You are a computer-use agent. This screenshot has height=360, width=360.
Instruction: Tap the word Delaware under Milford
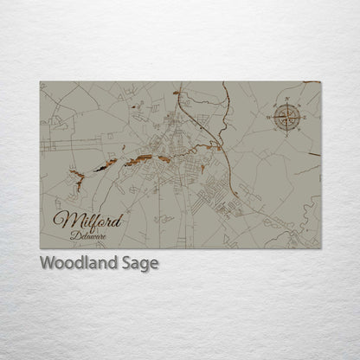(89, 235)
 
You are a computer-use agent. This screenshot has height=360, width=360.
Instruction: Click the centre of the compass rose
(286, 116)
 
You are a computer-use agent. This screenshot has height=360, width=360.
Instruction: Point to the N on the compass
(286, 99)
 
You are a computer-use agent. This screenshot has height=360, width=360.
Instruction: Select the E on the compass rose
(304, 116)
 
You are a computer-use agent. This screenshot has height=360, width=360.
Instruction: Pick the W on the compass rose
(269, 116)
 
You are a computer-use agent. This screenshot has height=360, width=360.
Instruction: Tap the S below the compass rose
(286, 134)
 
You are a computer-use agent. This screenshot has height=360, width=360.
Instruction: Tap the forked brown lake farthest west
(78, 177)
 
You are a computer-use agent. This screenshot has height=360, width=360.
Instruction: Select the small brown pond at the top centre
(177, 92)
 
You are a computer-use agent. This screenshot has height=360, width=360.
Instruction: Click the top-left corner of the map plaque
(40, 82)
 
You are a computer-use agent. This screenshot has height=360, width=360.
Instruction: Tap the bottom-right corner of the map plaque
(320, 248)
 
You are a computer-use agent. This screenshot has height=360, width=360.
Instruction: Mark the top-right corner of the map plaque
(320, 82)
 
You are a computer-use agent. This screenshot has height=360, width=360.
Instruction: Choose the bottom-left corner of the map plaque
(40, 248)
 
